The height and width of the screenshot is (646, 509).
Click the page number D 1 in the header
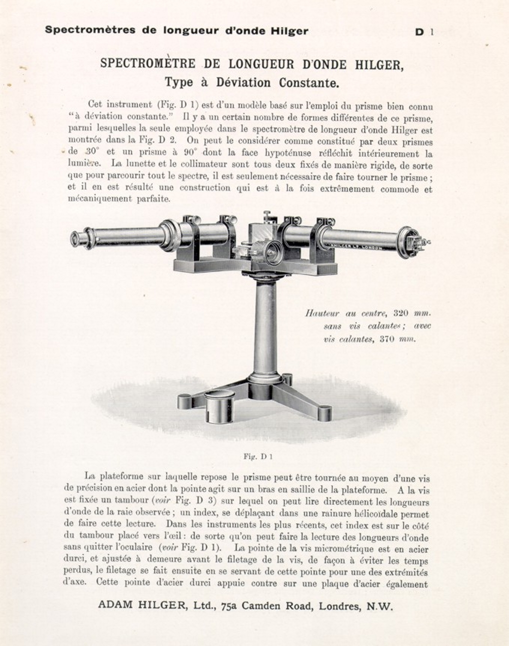[x=424, y=32]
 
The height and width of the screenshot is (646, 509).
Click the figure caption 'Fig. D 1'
[x=258, y=456]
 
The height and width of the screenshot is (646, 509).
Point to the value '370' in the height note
[x=388, y=339]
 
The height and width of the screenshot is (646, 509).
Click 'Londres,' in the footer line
[x=339, y=606]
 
